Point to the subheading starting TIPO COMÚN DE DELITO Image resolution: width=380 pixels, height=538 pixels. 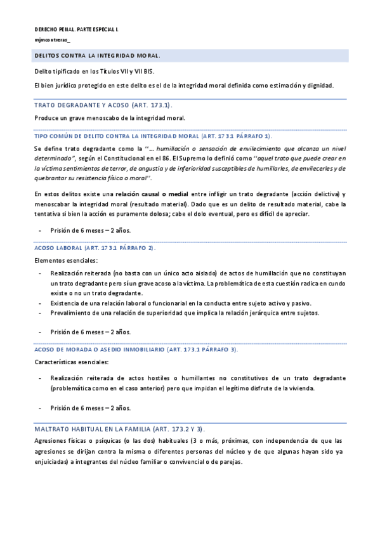click(152, 136)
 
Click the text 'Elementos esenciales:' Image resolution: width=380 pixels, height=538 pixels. click(65, 260)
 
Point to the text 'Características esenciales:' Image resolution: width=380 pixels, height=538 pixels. click(72, 362)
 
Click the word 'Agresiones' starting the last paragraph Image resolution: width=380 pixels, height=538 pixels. click(49, 440)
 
